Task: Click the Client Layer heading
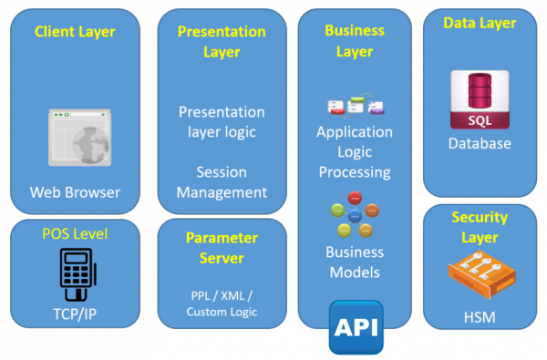click(x=75, y=32)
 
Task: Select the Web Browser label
click(x=75, y=192)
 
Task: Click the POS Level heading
click(x=75, y=234)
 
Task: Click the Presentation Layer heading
click(x=222, y=42)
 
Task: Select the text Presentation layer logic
click(x=222, y=121)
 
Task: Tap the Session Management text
click(x=222, y=182)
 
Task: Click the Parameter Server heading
click(x=222, y=248)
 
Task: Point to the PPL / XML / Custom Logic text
click(x=222, y=303)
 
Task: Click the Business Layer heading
click(x=355, y=41)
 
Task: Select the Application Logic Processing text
click(x=355, y=151)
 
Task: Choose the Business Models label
click(x=355, y=262)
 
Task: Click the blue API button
click(x=356, y=326)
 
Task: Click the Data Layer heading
click(x=480, y=23)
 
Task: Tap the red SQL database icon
click(x=479, y=101)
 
